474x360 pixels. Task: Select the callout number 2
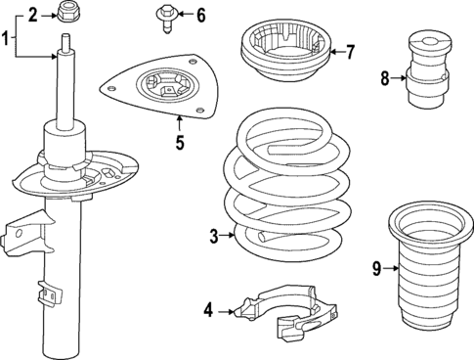point(32,14)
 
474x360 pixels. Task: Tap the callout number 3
point(213,235)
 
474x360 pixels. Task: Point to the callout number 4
point(208,312)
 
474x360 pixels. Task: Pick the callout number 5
point(180,143)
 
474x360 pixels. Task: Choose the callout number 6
point(200,15)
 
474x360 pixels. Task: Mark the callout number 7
point(351,51)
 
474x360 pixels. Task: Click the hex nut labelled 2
point(68,13)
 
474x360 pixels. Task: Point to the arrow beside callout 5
point(180,122)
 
